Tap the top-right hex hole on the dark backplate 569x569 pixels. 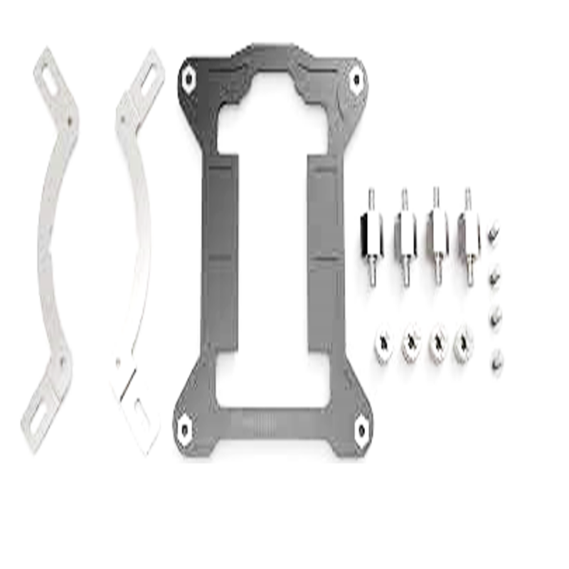coord(354,80)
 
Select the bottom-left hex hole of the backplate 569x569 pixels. coord(185,428)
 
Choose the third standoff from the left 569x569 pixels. coord(437,235)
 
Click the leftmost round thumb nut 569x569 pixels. coord(383,345)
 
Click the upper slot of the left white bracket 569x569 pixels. coord(50,74)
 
